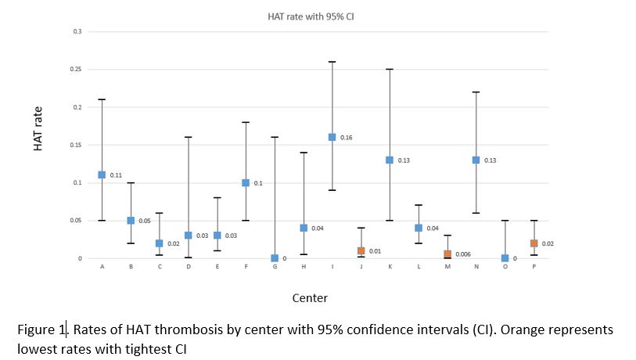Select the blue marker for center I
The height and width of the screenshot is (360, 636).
332,137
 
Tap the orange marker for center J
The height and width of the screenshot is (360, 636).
361,250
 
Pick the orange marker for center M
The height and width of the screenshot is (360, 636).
447,254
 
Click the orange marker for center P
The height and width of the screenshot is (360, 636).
534,243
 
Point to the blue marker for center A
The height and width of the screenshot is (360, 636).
102,175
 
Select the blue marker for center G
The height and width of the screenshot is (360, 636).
275,258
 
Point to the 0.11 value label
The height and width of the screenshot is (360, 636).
117,175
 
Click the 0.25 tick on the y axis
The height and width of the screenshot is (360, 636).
76,69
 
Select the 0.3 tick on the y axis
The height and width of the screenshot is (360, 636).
77,31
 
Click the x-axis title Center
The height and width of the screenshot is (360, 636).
310,297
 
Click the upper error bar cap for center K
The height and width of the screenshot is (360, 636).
390,69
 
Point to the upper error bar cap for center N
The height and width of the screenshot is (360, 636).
476,92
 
